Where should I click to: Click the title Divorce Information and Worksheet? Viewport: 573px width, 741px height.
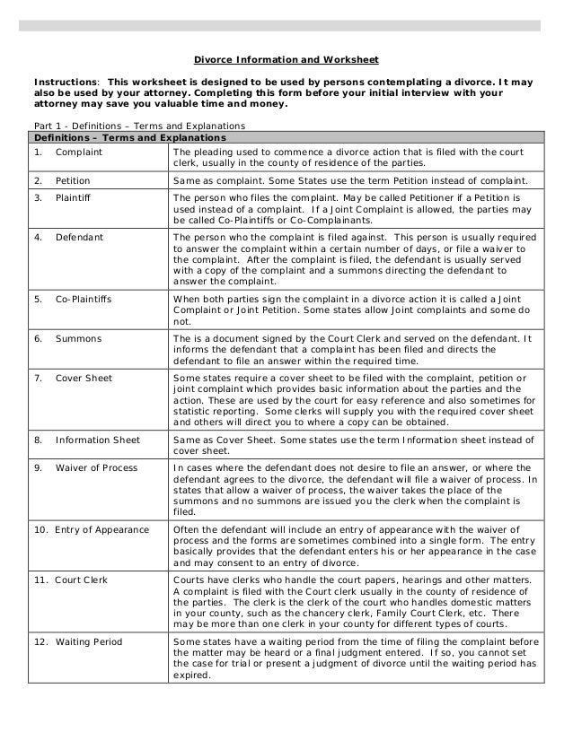coord(286,61)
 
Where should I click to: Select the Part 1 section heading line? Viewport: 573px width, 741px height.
coord(132,125)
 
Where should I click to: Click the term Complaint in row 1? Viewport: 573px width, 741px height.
coord(78,153)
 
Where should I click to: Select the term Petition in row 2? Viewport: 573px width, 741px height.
coord(74,180)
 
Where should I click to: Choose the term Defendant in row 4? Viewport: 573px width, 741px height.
coord(79,238)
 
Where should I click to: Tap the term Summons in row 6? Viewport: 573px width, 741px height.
coord(78,339)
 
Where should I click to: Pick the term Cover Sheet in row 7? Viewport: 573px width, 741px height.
coord(84,379)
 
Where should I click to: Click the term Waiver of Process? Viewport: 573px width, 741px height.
coord(96,468)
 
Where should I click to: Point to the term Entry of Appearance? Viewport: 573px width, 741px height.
coord(93,529)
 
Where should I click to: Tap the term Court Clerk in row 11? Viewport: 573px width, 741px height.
coord(81,580)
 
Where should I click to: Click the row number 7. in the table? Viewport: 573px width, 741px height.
coord(38,379)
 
